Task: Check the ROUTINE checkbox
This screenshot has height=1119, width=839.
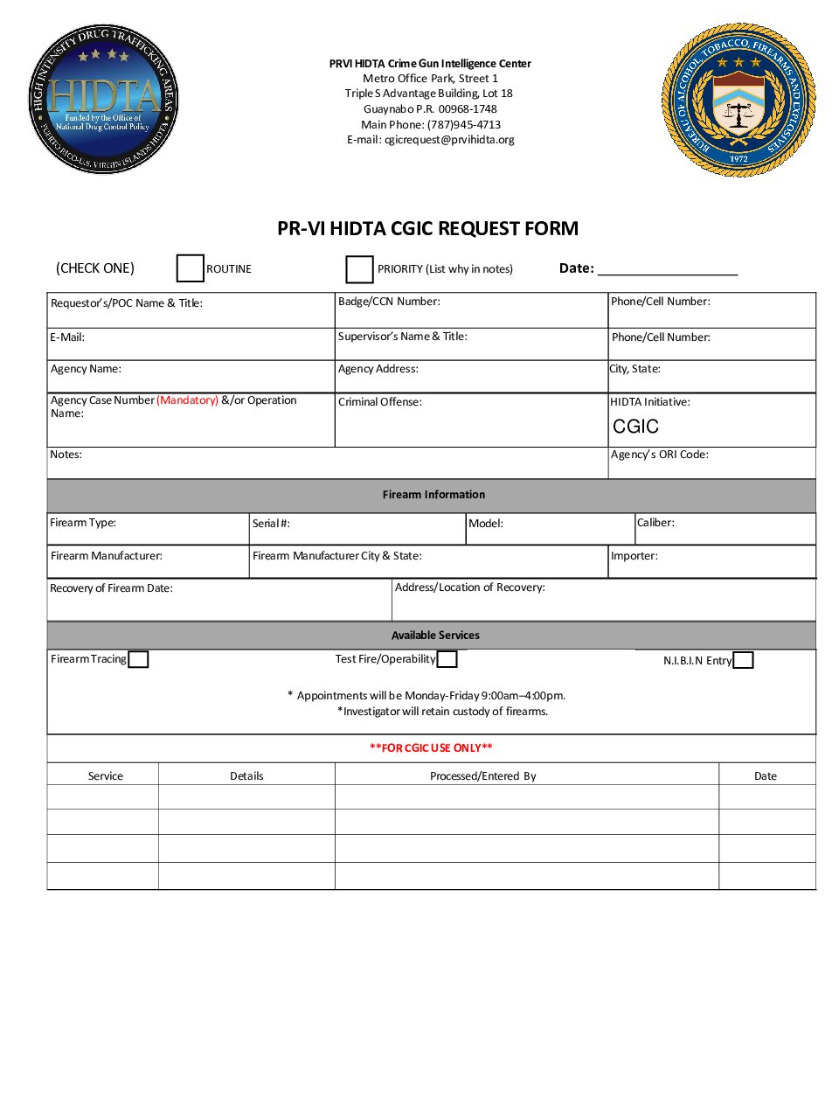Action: pos(190,268)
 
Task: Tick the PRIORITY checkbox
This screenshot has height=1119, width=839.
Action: pos(359,269)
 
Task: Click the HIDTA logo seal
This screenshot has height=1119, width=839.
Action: pos(104,100)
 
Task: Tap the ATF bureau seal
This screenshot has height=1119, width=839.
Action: pos(738,100)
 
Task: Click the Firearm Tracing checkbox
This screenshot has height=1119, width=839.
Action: pos(138,659)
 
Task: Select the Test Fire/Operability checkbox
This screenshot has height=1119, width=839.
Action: pos(447,659)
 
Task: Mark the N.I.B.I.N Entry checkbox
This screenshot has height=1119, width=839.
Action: pos(743,660)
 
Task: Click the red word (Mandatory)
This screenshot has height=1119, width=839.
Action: pos(187,400)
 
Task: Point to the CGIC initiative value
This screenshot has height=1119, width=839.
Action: pos(635,427)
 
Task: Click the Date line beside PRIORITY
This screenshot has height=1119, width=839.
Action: pos(668,268)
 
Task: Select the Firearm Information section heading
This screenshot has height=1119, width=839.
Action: pos(433,495)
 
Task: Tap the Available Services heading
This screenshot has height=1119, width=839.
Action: pos(435,636)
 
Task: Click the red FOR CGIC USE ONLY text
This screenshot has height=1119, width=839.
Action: pos(431,747)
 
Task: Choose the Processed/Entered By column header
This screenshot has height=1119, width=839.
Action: pos(483,776)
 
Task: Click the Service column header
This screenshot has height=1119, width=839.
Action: pos(106,776)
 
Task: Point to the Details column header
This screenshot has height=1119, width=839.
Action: pos(246,776)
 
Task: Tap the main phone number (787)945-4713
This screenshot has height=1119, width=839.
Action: pos(464,125)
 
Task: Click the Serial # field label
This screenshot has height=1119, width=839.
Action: pos(271,524)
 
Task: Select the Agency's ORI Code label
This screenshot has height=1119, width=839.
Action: pos(660,455)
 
